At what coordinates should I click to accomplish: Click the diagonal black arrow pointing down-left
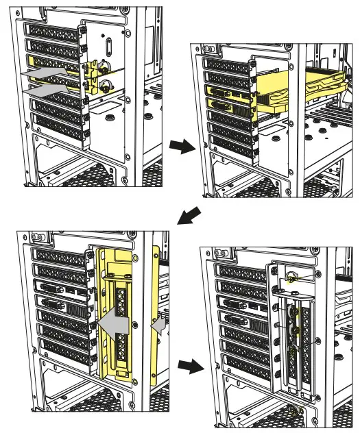(190, 216)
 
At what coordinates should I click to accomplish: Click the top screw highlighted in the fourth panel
(291, 277)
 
